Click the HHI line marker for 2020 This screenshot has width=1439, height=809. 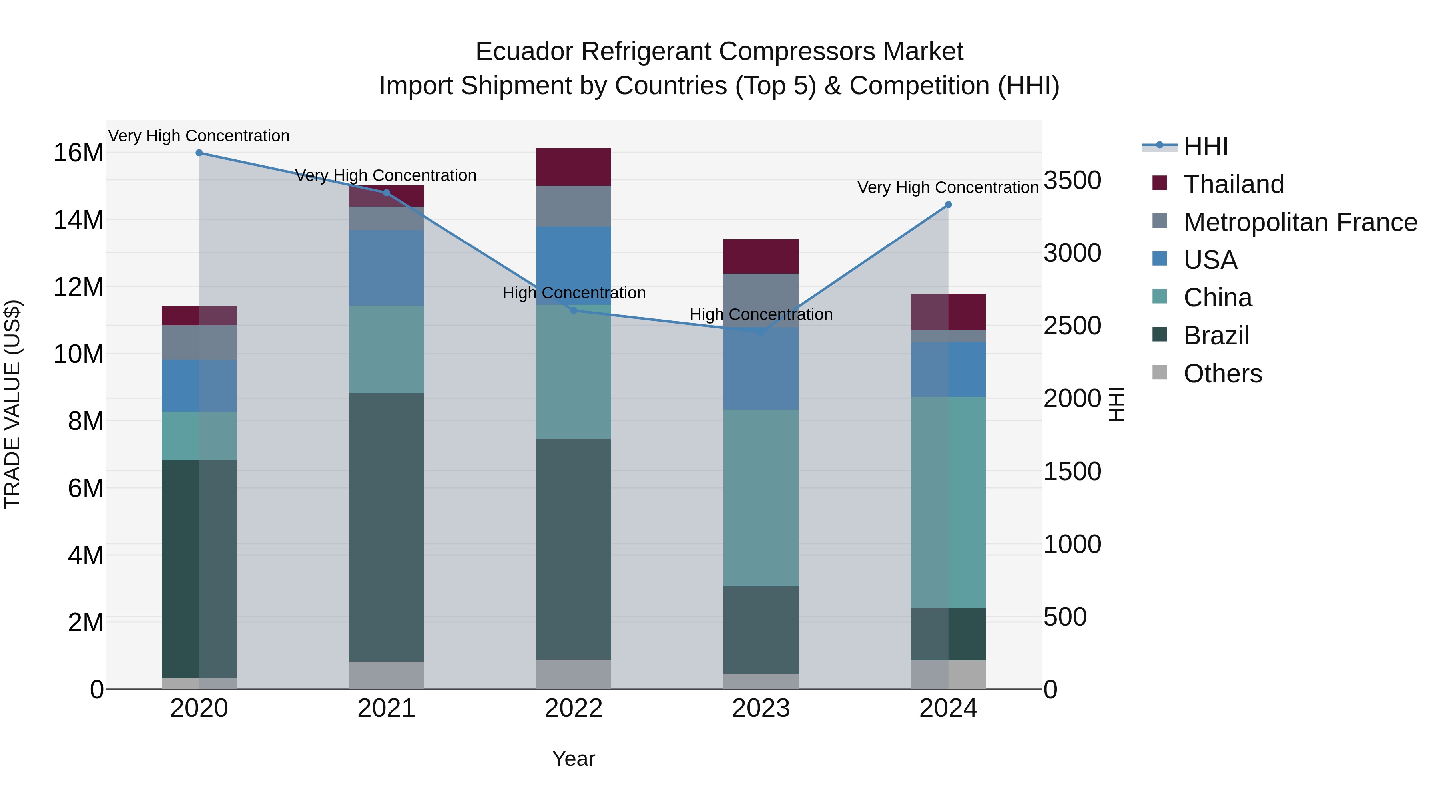coord(199,153)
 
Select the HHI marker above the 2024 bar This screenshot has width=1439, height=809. coord(948,205)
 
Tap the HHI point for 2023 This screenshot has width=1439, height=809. coord(761,332)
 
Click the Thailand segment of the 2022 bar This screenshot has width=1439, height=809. coord(574,167)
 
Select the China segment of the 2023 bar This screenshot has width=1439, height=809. coord(761,498)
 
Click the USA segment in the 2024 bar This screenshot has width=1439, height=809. coord(948,369)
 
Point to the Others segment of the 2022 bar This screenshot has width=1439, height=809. coord(574,674)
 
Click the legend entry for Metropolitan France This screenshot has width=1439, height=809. coord(1300,222)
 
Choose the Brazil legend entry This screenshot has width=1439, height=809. coord(1216,336)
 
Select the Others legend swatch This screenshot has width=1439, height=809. coord(1160,372)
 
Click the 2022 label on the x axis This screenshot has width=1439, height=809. coord(574,708)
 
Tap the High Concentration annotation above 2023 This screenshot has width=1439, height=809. coord(761,314)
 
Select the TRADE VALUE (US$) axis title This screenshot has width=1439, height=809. coord(12,404)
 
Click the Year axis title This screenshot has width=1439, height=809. coord(574,759)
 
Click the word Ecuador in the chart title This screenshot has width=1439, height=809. coord(524,52)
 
